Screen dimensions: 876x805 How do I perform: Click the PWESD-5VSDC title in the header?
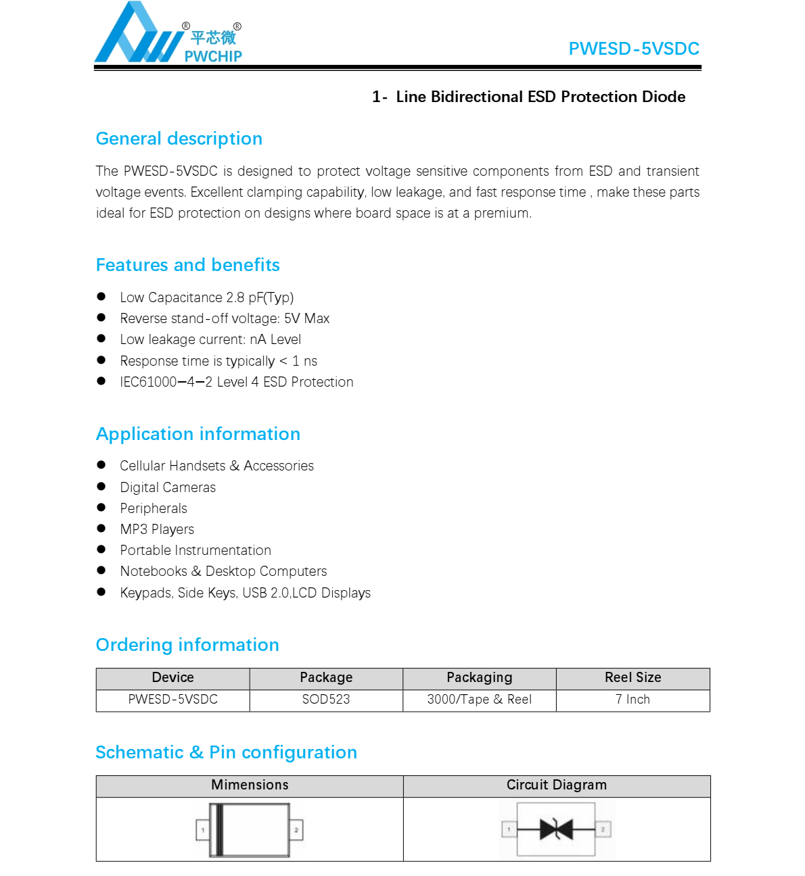(633, 49)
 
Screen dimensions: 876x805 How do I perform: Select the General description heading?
(179, 139)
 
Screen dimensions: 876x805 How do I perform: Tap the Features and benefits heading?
(188, 265)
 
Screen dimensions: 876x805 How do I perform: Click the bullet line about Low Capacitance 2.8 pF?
(206, 297)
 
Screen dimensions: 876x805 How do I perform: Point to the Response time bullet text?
(218, 361)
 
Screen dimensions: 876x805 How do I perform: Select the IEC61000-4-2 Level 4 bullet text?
(236, 382)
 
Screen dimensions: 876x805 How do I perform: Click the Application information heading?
(198, 434)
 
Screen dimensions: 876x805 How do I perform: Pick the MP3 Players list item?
(157, 529)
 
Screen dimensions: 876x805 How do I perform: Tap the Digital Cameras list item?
(168, 487)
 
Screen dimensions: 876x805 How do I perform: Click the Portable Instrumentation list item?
(195, 550)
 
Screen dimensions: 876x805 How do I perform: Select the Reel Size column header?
(632, 678)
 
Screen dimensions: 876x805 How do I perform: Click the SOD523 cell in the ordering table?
(326, 700)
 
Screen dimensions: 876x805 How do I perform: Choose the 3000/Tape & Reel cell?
(479, 700)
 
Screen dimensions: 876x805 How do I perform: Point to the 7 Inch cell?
(632, 700)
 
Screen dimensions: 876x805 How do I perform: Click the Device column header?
(172, 678)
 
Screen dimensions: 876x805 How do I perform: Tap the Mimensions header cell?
(250, 785)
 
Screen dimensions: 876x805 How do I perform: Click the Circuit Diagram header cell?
(556, 785)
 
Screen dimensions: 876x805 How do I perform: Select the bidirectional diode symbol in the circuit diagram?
(556, 829)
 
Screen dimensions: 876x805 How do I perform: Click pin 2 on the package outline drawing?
(296, 829)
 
